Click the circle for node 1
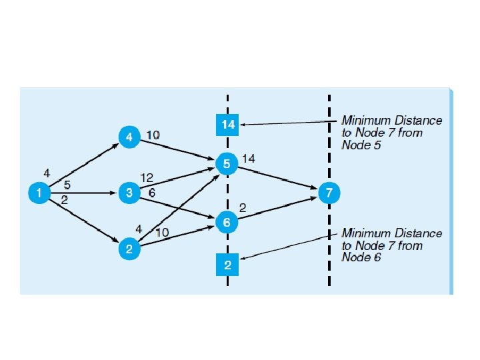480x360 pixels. [39, 193]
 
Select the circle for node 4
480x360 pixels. [129, 137]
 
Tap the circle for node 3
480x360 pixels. [129, 193]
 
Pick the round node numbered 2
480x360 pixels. [129, 249]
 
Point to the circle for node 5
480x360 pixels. [227, 162]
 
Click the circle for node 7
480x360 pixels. [328, 193]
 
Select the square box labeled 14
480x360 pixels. [228, 125]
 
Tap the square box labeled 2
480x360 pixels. [228, 266]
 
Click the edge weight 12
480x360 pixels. [147, 177]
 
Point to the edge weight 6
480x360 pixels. [151, 192]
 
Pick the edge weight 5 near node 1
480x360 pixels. [67, 185]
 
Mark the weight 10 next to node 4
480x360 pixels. [153, 135]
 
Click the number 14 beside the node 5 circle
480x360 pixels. [249, 158]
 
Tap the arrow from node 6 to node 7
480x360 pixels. [277, 208]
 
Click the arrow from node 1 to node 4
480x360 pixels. [83, 165]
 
